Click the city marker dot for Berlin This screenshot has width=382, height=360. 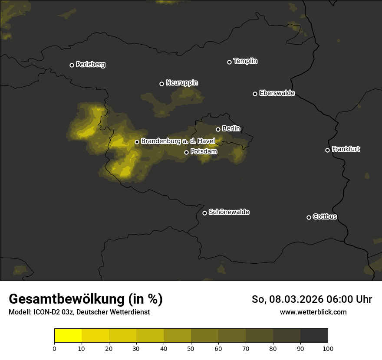point(218,129)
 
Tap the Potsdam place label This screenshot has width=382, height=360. point(204,152)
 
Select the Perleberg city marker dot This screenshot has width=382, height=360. point(72,65)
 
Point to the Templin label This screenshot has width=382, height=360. point(245,61)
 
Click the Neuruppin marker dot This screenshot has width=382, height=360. point(162,84)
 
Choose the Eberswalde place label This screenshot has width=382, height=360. point(277,93)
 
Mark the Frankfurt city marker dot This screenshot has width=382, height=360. point(327,150)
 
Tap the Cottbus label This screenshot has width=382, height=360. point(325,216)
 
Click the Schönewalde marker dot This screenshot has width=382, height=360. point(205,213)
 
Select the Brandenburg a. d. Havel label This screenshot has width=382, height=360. point(178,141)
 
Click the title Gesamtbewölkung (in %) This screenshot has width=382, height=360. point(86,299)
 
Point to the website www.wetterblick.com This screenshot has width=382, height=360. point(313,312)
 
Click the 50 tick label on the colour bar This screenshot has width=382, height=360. point(191,348)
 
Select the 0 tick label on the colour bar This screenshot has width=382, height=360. point(54,348)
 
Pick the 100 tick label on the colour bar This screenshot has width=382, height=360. point(328,348)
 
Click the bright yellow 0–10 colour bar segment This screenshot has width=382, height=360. point(68,336)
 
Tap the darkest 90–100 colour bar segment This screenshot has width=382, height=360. point(314,336)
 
